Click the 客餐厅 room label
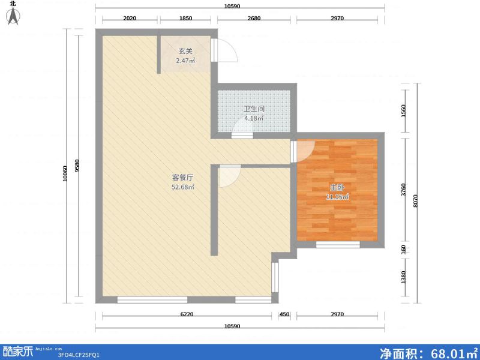click(x=182, y=178)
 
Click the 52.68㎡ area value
click(x=183, y=187)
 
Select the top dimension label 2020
click(x=130, y=19)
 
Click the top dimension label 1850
click(x=185, y=19)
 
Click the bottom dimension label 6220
click(x=185, y=314)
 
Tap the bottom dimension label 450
click(x=284, y=314)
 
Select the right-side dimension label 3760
click(x=404, y=190)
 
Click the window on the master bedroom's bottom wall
click(x=338, y=244)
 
